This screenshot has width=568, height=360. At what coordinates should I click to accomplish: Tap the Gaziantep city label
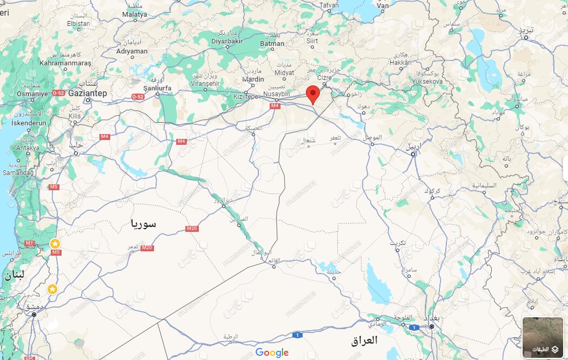(88, 94)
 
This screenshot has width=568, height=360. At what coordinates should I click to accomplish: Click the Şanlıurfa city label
(157, 88)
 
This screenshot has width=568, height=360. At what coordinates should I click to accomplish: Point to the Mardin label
(253, 79)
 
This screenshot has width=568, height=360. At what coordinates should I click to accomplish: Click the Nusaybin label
(277, 94)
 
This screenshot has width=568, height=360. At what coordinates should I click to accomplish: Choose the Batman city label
(272, 43)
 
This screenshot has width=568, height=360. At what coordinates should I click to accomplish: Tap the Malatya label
(134, 14)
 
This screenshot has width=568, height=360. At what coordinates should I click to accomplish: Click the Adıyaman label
(132, 51)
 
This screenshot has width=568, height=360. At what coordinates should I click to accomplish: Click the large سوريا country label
(143, 223)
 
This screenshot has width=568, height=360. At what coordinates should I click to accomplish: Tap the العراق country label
(364, 341)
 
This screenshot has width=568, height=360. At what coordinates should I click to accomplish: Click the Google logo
(272, 353)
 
